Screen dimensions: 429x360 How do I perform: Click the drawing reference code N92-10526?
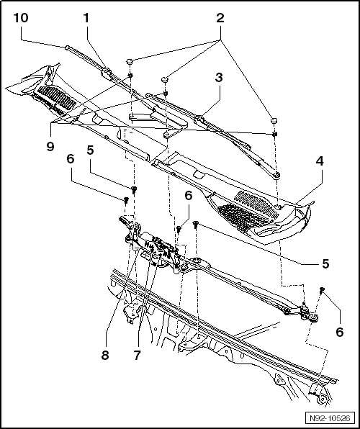click(330, 417)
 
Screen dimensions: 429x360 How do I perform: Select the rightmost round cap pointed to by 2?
click(274, 119)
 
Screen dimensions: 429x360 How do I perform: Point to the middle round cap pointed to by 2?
click(165, 78)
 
